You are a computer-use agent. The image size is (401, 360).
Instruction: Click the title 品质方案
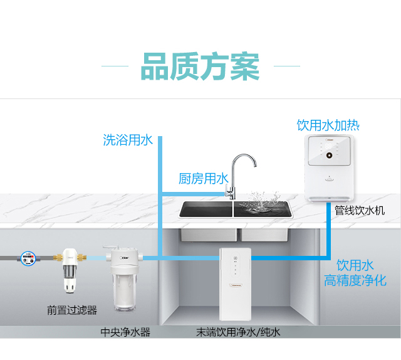[200, 66]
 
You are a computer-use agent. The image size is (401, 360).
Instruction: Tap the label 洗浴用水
[128, 140]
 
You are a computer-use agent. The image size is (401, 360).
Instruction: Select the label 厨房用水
[203, 179]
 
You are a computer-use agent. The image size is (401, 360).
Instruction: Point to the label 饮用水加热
[328, 125]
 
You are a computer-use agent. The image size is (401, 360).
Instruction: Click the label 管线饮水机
[360, 211]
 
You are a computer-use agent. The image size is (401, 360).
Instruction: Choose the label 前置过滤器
[72, 310]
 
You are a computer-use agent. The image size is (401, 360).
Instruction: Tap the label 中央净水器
[125, 332]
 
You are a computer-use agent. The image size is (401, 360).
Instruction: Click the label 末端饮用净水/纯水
[238, 332]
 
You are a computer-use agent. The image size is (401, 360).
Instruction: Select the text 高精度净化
[355, 280]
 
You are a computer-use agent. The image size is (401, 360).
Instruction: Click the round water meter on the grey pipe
[28, 258]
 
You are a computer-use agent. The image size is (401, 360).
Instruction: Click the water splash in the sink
[261, 203]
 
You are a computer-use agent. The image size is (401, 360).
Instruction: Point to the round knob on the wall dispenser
[329, 156]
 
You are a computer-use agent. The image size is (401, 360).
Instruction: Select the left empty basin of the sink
[206, 209]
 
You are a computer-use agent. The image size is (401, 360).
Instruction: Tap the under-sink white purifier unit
[236, 284]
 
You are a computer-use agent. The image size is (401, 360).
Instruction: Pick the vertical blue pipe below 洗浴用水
[160, 198]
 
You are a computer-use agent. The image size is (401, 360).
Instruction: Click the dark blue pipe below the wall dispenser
[328, 230]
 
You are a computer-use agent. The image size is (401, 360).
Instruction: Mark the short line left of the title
[115, 66]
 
